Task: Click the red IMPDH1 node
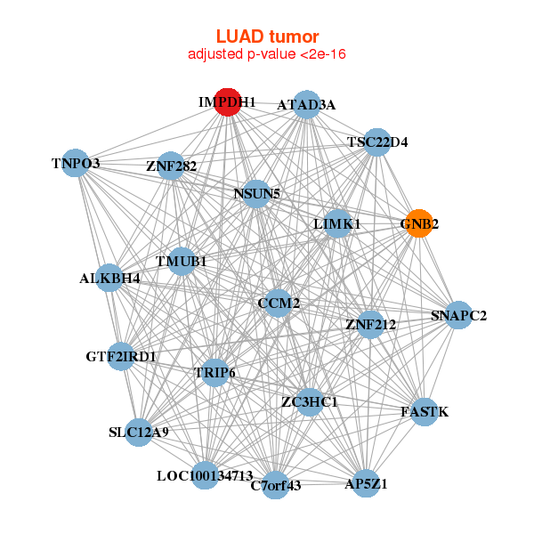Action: [x=228, y=102]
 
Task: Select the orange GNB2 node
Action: [x=418, y=223]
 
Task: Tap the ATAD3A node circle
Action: [x=306, y=104]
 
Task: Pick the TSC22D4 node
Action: [x=377, y=142]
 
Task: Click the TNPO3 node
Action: [x=76, y=163]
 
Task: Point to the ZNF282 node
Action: [x=171, y=166]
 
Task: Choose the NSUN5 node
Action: [x=256, y=193]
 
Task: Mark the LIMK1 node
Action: [x=337, y=224]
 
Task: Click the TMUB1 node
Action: [x=182, y=262]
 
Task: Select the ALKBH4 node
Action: [x=109, y=278]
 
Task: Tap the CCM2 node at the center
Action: [x=279, y=303]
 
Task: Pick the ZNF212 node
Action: [x=370, y=324]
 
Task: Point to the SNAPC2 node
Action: [x=458, y=315]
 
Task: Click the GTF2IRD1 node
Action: [x=121, y=357]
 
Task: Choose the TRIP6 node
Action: [x=214, y=372]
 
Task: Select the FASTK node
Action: [x=425, y=412]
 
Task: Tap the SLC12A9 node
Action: [x=138, y=433]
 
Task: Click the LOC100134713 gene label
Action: [x=205, y=475]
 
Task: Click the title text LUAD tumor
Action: [x=267, y=36]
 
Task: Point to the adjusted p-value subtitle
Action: [x=267, y=54]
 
